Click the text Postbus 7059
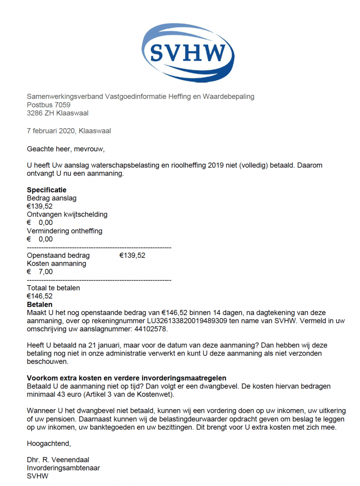[48, 105]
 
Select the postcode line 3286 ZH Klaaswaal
[57, 113]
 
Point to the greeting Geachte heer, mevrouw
[65, 149]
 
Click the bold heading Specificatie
[47, 190]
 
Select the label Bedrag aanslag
[51, 198]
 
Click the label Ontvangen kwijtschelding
[67, 214]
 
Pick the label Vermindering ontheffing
[65, 231]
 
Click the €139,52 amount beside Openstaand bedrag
[132, 255]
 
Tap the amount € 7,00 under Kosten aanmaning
[40, 271]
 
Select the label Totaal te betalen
[53, 288]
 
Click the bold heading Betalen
[39, 304]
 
